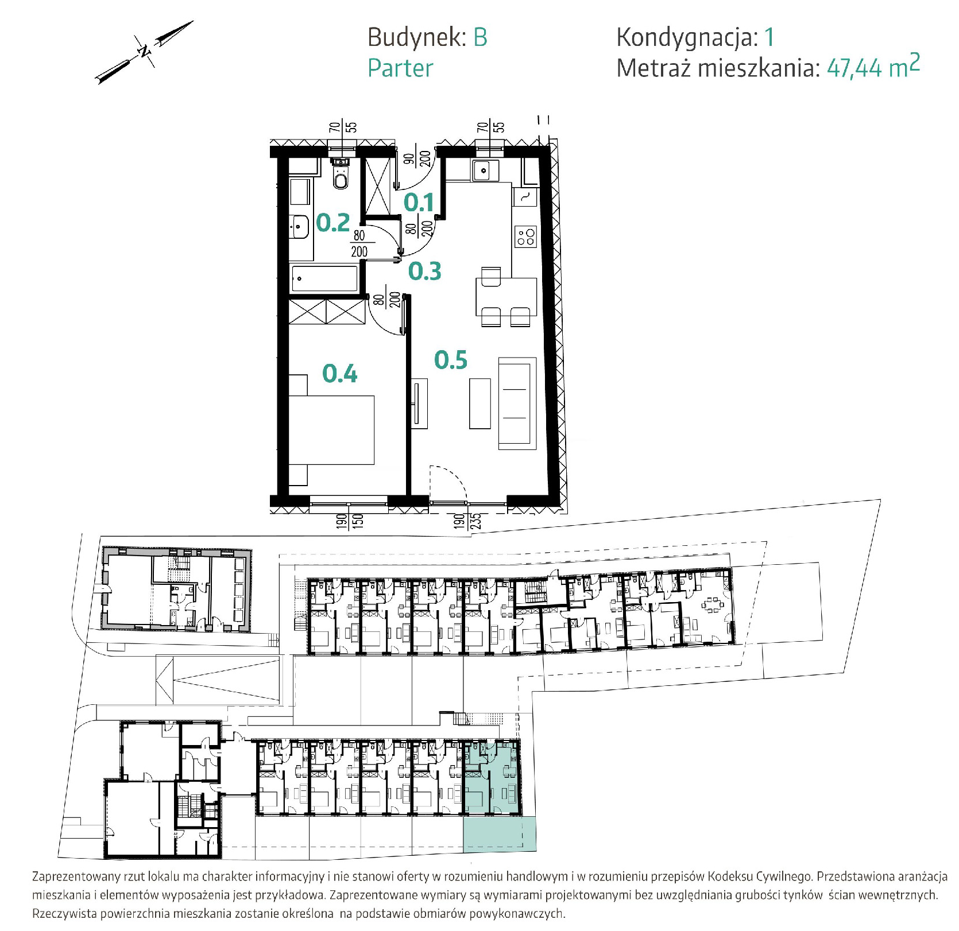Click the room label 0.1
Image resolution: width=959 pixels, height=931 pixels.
[419, 203]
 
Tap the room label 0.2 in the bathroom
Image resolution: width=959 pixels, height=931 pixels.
[333, 223]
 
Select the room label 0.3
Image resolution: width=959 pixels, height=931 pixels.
[424, 271]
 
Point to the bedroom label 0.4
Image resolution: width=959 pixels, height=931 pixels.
[339, 374]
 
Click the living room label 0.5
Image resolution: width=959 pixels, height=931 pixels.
[451, 360]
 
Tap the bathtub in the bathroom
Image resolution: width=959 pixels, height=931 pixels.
[325, 279]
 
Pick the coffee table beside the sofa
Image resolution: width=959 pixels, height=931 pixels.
[480, 404]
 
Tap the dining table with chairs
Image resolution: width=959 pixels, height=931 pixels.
[505, 297]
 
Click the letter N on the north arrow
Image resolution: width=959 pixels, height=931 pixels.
[144, 52]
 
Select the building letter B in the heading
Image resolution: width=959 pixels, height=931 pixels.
[480, 38]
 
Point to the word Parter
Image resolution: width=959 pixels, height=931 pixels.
[400, 68]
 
